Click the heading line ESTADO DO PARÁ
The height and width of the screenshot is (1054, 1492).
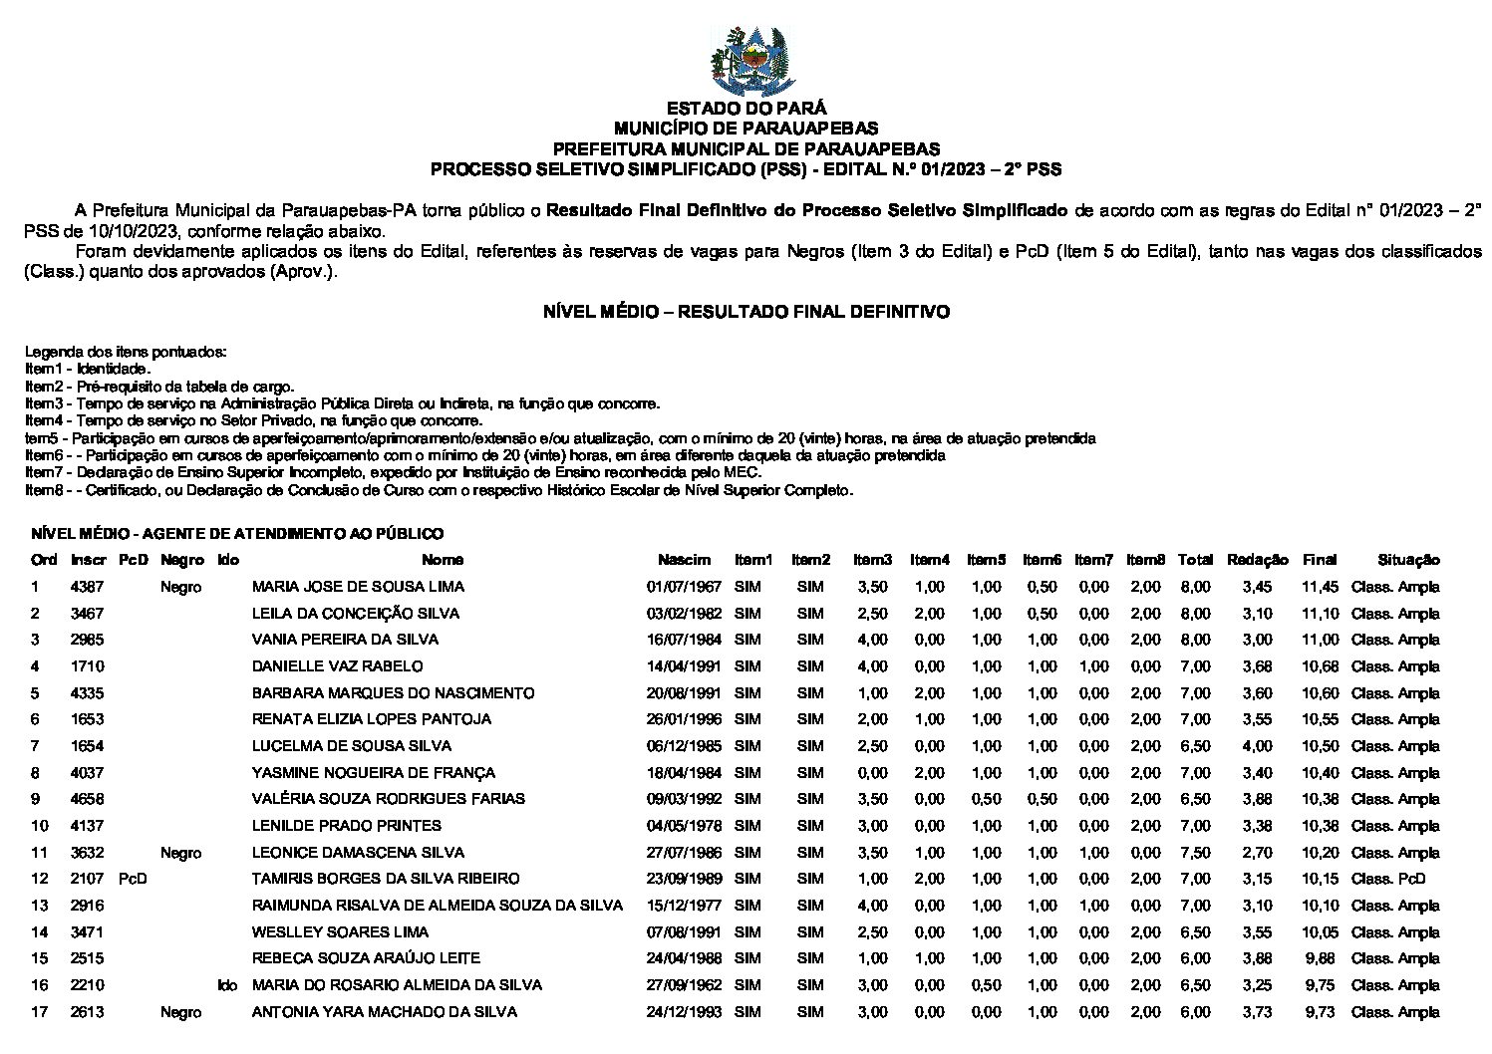746,109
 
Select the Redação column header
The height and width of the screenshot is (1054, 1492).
1257,560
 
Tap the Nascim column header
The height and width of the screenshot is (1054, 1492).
684,560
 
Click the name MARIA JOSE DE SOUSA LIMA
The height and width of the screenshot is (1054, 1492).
358,587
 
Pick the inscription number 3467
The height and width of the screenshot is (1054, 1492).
87,614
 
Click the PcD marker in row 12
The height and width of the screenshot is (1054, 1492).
132,879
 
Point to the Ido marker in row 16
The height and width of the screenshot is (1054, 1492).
227,985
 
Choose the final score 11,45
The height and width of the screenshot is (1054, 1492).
1320,587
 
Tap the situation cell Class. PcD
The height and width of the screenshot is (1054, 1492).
1388,879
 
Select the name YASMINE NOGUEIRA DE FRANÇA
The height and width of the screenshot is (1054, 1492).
373,773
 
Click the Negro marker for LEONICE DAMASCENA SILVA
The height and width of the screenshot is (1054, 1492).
180,853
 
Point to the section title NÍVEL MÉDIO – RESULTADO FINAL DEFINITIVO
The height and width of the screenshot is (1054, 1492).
746,312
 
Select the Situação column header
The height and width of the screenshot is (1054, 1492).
1408,560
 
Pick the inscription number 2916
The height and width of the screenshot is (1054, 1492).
87,906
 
